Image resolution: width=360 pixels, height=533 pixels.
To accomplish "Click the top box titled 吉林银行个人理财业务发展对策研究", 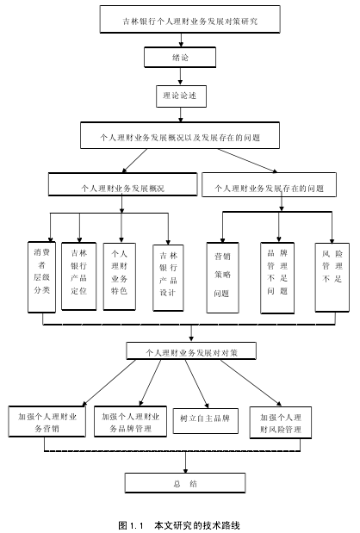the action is click(190, 19).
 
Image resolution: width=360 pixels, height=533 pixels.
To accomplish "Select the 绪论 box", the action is click(180, 57).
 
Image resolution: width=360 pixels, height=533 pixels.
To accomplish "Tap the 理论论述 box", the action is click(181, 96).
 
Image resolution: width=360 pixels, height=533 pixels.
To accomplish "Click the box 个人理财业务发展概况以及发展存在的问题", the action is click(180, 135).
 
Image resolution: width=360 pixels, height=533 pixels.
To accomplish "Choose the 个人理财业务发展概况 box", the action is click(122, 184).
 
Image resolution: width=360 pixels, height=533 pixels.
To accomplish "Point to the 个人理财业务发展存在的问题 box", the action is click(270, 184).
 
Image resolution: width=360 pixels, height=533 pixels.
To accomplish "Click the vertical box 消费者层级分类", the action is click(42, 277).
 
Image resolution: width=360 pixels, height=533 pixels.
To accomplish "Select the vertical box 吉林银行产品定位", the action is click(79, 276).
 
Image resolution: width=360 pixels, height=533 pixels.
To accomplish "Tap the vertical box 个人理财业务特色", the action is click(120, 276).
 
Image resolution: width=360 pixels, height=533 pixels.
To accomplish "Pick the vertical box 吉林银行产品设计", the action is click(168, 278).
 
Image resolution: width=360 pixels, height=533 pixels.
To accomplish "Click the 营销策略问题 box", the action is click(223, 277).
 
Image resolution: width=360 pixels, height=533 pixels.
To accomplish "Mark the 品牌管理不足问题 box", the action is click(277, 278).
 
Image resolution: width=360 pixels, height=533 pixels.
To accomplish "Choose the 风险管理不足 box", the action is click(332, 277).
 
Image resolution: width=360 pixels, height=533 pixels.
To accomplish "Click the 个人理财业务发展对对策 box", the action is click(191, 350).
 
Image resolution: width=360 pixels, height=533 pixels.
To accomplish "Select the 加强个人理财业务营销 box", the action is click(47, 421).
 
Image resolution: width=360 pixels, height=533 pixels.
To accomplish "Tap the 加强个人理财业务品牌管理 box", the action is click(131, 421).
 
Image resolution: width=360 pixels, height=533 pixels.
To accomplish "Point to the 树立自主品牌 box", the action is click(205, 421).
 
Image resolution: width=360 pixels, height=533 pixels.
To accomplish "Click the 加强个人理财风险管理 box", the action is click(281, 423).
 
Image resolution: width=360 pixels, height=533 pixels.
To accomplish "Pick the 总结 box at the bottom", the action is click(185, 483).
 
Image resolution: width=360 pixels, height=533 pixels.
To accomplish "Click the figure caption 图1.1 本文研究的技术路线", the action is click(179, 525).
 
